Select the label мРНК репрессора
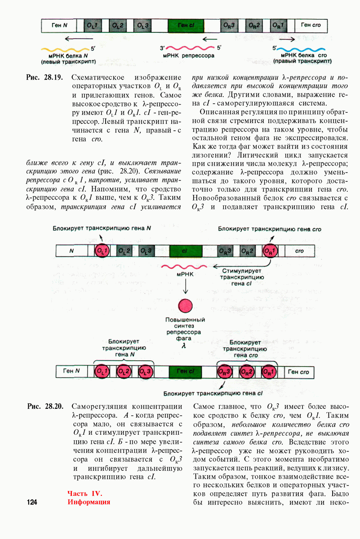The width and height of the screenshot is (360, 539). [x=188, y=56]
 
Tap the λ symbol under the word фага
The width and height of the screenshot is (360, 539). [x=183, y=347]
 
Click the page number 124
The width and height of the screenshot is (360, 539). [x=32, y=502]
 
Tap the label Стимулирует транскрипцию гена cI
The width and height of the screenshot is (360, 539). [x=242, y=277]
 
